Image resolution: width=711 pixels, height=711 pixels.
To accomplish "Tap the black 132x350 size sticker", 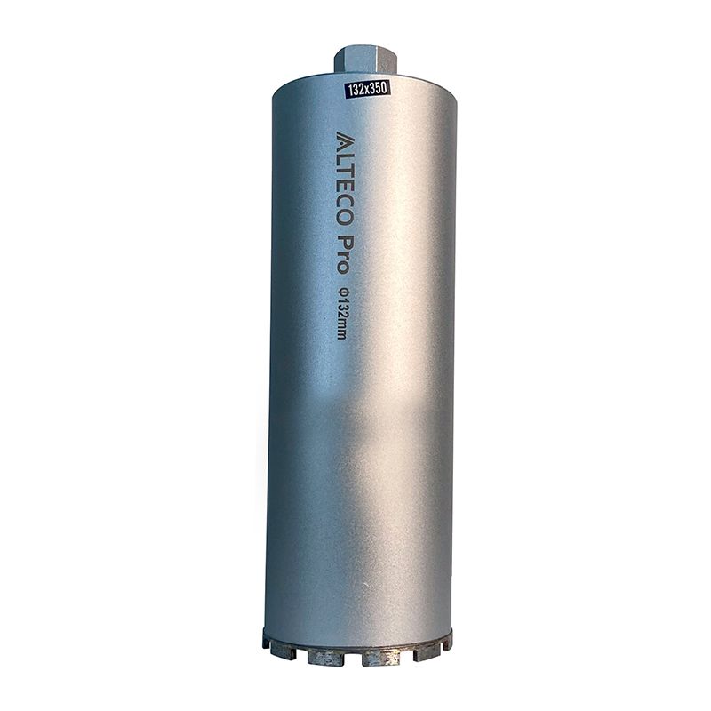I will (x=367, y=87).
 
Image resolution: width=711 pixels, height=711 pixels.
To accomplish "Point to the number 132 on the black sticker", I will (x=357, y=88).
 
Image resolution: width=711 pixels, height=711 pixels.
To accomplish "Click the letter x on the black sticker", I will (x=368, y=87).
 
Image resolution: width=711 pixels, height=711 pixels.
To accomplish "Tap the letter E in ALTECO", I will (x=346, y=189).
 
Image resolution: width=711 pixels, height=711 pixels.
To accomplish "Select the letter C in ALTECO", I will (x=346, y=207).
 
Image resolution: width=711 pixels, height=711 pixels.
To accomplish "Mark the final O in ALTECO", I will (x=346, y=227).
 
